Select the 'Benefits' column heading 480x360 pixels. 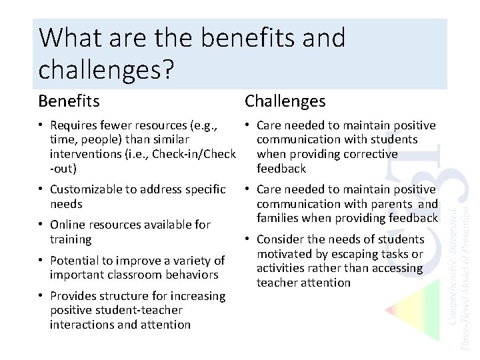69,101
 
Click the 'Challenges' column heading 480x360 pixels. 285,101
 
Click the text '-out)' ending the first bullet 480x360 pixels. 63,169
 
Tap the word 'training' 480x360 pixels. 71,239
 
